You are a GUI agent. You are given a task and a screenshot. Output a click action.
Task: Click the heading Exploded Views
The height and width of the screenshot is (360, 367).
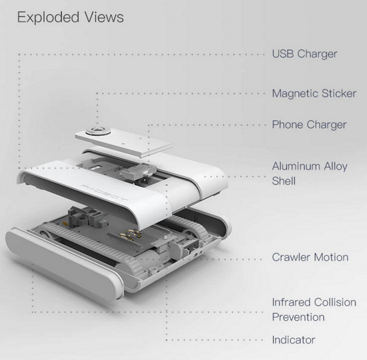point(70,17)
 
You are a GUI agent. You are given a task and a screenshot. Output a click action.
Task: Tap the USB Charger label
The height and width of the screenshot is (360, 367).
point(305,54)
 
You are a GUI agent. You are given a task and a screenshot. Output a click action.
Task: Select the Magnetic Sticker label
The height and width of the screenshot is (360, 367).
point(314,93)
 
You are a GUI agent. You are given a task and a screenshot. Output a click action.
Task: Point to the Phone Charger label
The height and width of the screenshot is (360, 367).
point(309,124)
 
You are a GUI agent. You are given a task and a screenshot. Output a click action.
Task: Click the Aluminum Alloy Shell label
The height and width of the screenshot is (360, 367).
point(310,173)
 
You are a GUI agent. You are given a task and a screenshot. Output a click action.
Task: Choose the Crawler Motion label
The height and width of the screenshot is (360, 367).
point(310,258)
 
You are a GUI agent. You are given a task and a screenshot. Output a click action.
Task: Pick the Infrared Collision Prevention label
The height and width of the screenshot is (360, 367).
point(314,309)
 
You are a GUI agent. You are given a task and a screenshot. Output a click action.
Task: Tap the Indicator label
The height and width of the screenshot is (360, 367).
point(293,340)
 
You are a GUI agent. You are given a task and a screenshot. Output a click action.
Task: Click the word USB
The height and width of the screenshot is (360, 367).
point(283,54)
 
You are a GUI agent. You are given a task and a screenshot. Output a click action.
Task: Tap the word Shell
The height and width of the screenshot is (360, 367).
point(284,181)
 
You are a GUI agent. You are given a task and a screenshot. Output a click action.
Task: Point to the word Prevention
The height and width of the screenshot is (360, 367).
point(298,317)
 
